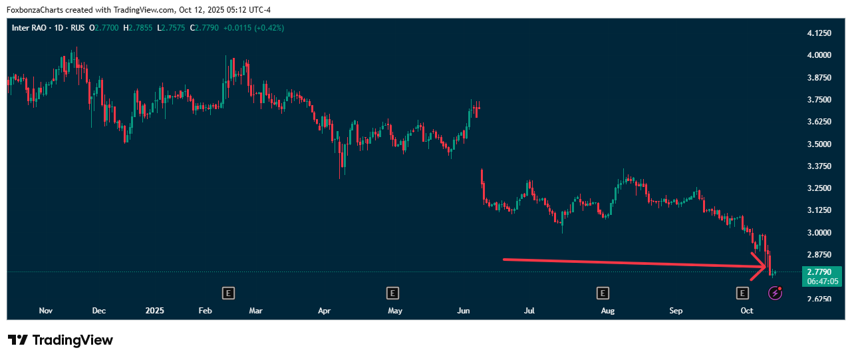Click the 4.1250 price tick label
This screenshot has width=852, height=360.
(818, 33)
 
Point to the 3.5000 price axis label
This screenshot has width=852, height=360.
(818, 144)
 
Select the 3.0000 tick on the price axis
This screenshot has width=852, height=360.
(818, 233)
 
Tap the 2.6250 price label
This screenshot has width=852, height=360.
(818, 299)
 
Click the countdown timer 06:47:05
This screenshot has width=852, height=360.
(823, 281)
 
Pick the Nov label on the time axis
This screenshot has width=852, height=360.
(46, 311)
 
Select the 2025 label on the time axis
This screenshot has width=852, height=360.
(154, 311)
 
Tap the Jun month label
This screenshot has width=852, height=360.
(464, 311)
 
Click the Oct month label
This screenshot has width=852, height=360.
(747, 311)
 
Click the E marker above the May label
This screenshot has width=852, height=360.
(393, 293)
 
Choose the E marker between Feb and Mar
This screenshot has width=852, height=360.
(228, 293)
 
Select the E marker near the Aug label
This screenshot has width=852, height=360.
(603, 293)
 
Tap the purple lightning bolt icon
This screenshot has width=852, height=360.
(775, 293)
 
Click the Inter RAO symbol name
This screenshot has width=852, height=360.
(31, 28)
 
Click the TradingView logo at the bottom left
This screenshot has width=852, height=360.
(61, 340)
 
